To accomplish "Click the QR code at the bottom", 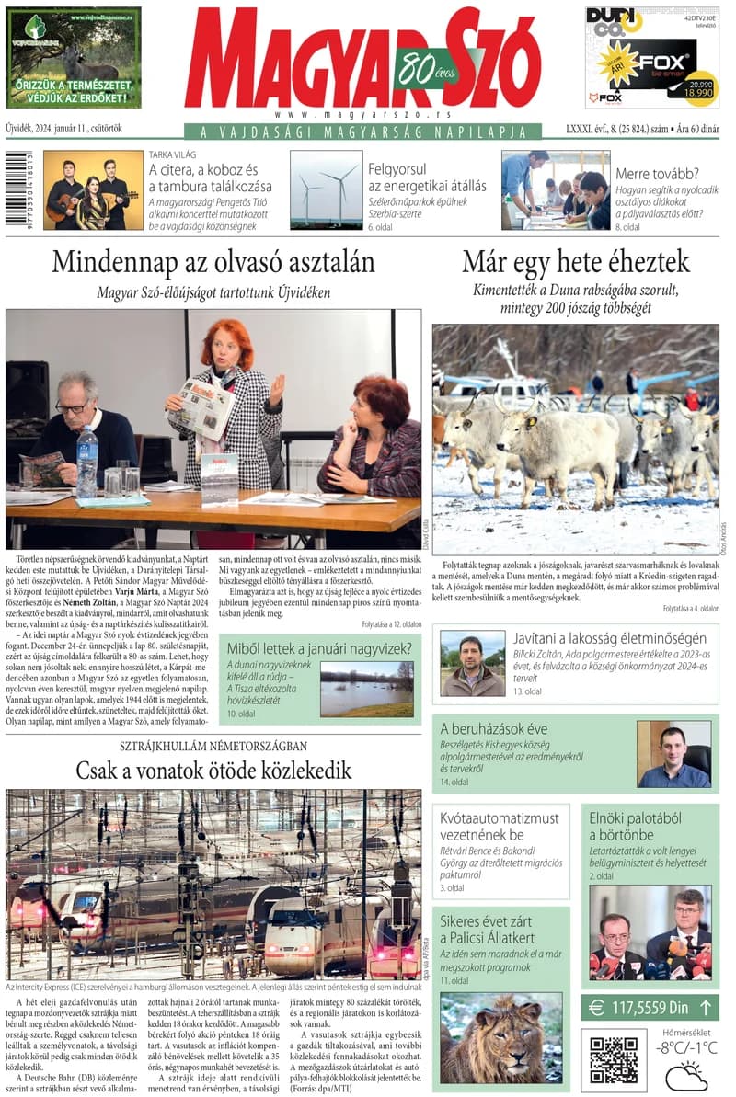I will (614, 1060).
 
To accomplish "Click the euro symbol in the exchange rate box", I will (596, 1009).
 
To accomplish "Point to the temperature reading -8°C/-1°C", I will (686, 1047).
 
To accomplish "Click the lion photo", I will (488, 1037).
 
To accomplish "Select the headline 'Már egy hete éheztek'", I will (575, 262).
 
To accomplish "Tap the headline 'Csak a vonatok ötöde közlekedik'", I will (213, 770).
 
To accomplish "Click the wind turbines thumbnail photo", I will (326, 189).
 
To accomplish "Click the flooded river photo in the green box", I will (366, 689).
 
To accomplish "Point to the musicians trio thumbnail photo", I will (93, 189).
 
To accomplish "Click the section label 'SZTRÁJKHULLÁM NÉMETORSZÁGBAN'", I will (213, 746).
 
